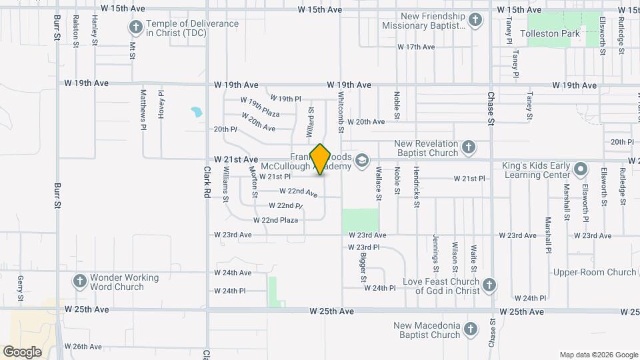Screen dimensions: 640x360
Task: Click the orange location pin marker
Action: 321,159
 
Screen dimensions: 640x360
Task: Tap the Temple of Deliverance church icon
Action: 135,27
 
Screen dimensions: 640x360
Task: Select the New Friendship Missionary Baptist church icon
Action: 475,19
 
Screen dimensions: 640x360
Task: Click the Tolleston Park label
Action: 553,33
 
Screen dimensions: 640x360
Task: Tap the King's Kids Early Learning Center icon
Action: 581,170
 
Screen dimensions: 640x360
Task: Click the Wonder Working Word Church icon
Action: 79,281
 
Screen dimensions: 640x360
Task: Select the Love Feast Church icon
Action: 489,285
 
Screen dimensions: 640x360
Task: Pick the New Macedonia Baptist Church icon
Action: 470,329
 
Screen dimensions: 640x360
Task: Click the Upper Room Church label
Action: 594,272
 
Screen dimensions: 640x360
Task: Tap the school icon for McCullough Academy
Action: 361,160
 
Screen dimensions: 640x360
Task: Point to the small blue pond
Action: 196,111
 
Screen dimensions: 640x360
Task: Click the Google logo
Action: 22,351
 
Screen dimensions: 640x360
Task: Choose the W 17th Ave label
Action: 416,47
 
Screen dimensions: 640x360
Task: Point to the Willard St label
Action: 311,121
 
